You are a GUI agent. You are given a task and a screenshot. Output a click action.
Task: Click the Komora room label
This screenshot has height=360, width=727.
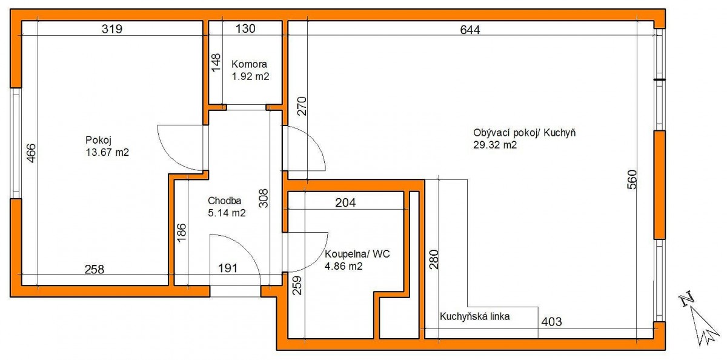pos(249,64)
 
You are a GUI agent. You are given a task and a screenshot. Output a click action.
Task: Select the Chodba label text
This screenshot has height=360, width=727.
pos(224,201)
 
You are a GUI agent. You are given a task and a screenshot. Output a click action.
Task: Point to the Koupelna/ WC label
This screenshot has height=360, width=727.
pos(357,254)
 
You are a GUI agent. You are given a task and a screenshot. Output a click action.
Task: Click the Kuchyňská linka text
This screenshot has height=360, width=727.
pos(474,316)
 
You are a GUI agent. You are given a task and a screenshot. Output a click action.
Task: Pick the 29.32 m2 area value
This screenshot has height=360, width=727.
pos(494,145)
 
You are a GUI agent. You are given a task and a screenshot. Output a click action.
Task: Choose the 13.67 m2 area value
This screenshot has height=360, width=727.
pos(107,152)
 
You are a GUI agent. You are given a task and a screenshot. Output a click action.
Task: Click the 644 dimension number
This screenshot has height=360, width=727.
pos(470,30)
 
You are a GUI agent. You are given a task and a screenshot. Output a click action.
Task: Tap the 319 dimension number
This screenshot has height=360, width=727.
pos(112,29)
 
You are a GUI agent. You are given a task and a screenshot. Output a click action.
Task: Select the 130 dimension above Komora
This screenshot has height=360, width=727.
pos(245,28)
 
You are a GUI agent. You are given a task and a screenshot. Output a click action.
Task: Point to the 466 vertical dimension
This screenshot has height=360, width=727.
pos(31,153)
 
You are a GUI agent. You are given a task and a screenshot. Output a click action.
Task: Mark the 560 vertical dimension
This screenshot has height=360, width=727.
pos(632,179)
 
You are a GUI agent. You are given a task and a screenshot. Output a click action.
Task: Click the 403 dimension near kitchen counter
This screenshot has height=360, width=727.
pos(551,322)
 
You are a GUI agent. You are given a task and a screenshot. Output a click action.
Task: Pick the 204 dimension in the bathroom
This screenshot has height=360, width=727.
pos(345,203)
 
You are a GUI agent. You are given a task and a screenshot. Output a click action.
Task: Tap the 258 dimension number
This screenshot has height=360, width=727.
pos(95,270)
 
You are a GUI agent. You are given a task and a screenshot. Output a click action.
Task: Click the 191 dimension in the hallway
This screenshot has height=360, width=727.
pos(228,268)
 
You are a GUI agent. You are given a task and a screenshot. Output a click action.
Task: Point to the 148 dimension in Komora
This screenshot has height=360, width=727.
pos(216,62)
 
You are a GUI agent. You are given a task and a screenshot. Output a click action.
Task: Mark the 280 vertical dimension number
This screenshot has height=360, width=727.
pos(434,259)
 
